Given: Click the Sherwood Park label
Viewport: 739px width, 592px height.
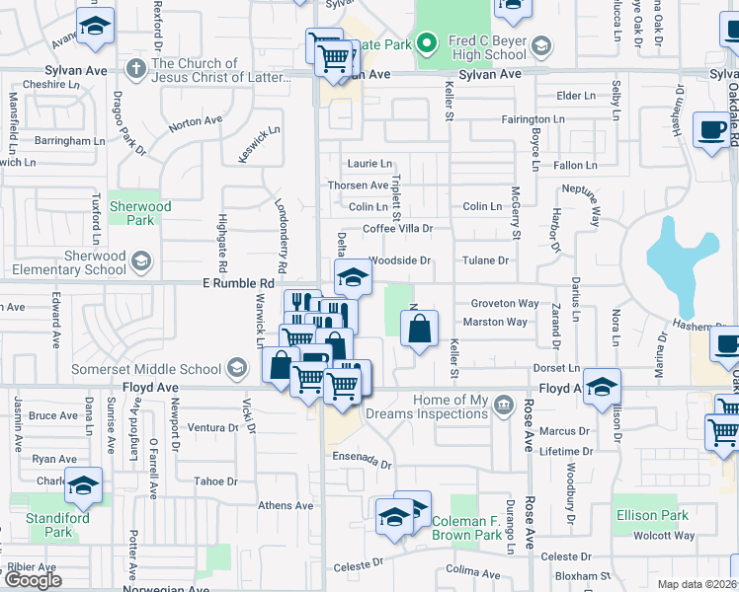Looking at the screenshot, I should [140, 213].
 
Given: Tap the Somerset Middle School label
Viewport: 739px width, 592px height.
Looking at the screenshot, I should [147, 369].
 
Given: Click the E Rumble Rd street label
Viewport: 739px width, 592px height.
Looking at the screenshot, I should [237, 283].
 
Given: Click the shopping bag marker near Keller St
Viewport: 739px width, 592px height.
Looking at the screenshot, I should [419, 329].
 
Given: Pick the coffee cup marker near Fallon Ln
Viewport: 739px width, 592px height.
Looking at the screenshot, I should [710, 129].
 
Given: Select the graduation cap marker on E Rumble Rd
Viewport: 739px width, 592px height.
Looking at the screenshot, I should [353, 278].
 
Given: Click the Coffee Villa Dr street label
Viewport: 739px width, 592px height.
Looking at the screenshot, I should [398, 229].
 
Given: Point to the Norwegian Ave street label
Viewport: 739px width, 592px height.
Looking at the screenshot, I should [166, 589].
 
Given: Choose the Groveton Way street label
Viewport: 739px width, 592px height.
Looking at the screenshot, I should [504, 304].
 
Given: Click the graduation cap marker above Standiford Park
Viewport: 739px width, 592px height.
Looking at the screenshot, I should [84, 485].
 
